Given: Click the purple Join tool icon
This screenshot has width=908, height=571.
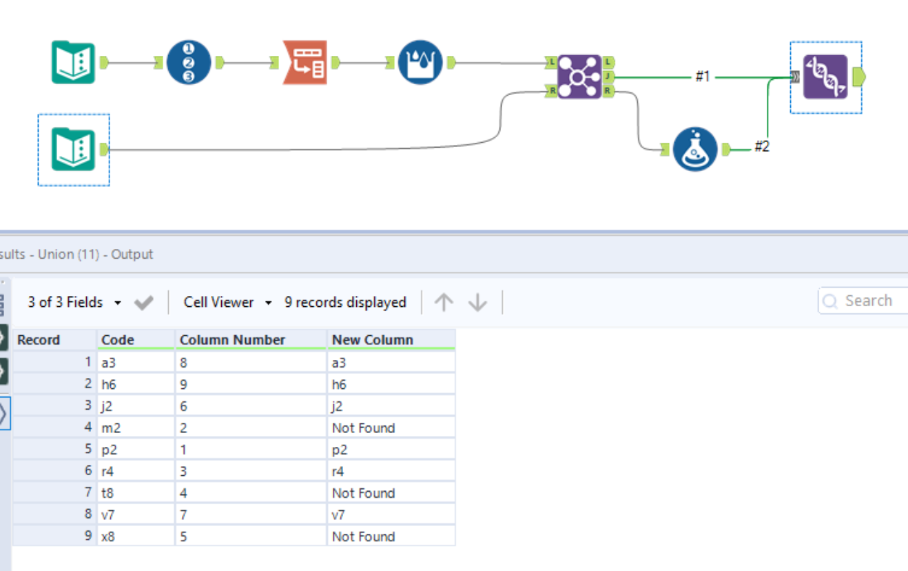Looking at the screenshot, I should point(579,76).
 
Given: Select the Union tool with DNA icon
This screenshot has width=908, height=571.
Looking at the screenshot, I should point(825,77).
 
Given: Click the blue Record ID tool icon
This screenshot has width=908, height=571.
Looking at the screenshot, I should point(189,63).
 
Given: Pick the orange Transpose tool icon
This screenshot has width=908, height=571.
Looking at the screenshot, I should point(305,63).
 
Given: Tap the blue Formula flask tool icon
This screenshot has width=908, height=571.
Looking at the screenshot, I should point(695,149).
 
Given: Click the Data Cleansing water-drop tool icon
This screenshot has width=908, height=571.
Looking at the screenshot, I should point(420,63).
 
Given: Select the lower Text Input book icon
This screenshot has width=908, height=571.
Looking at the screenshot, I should point(73,150).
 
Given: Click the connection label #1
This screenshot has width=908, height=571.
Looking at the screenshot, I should point(702,77).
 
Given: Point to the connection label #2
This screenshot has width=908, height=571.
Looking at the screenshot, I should point(761,146).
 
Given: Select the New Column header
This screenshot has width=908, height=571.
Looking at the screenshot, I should point(372,339).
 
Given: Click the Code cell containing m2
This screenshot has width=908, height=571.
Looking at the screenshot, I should point(111,428).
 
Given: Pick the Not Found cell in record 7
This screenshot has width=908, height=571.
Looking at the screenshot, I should point(363,493).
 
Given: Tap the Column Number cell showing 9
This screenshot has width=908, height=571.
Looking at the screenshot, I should point(183,384).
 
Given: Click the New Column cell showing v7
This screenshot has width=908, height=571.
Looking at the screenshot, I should point(339,515).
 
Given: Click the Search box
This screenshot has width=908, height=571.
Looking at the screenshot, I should point(865,301).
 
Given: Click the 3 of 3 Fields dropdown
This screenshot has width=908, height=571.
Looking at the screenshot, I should point(74,302).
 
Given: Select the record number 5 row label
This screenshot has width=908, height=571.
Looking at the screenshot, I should point(87,450).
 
